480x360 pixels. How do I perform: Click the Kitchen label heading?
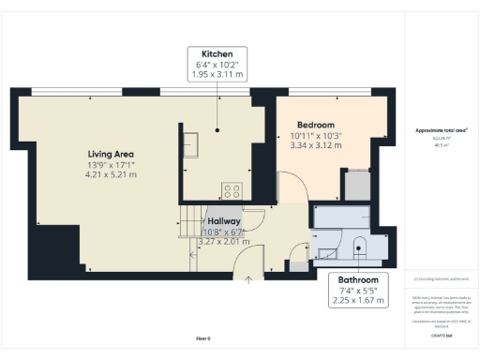point(217,54)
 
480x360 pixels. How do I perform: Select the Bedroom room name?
point(316,125)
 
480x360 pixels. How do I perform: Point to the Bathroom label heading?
point(358,280)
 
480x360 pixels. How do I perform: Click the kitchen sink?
point(190,143)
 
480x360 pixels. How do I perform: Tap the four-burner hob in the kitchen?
point(230,190)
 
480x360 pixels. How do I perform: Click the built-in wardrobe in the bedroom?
point(357,185)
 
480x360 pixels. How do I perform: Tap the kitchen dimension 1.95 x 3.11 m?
point(217,75)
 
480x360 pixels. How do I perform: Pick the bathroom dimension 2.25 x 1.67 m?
point(358,301)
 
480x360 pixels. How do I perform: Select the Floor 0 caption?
point(202,337)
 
